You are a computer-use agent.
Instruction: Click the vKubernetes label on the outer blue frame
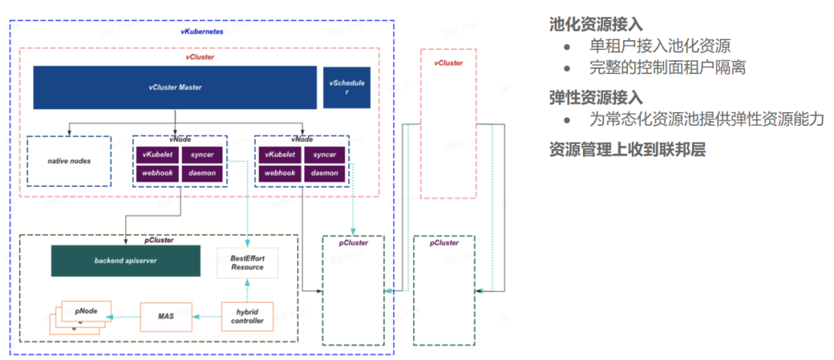pos(202,32)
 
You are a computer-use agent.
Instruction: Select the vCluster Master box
pos(175,87)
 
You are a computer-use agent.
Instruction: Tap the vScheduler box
pos(347,87)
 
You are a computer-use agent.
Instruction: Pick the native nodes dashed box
pos(69,161)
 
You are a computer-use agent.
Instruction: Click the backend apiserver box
pos(126,261)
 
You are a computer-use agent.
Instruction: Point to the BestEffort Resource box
pos(246,262)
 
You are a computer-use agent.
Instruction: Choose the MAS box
pos(164,317)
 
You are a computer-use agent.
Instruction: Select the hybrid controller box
pos(247,316)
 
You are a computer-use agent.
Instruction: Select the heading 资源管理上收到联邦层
pos(627,149)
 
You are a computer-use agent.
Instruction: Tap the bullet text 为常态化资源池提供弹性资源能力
pos(707,120)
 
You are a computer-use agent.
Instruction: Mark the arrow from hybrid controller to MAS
pos(205,317)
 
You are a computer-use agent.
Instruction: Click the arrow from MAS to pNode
pos(125,317)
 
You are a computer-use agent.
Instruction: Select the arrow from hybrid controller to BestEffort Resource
pos(246,289)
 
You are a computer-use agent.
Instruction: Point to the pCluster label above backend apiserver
pos(159,240)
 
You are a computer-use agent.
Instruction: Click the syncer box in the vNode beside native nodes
pos(202,155)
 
